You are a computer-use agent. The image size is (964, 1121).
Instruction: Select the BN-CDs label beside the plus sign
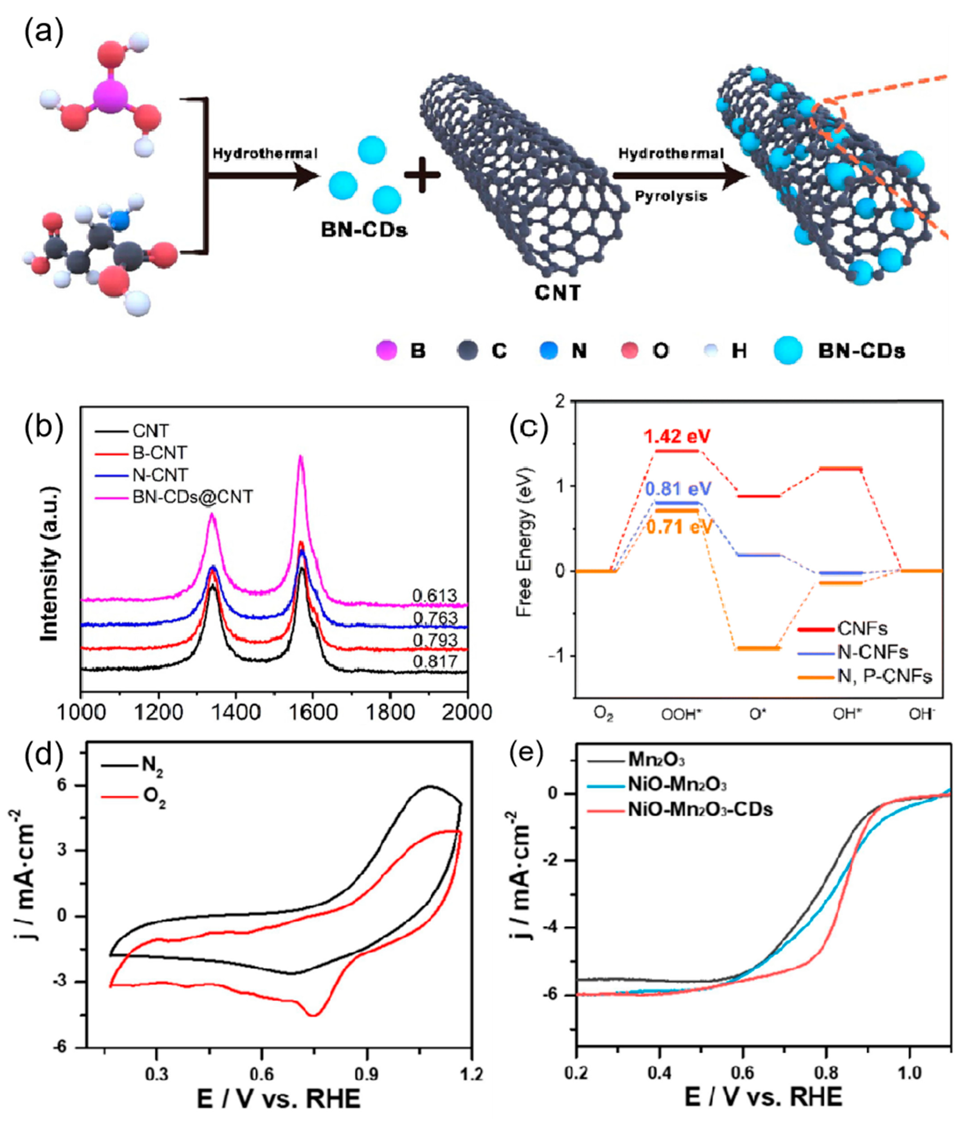364,230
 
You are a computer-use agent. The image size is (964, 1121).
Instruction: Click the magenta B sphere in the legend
387,351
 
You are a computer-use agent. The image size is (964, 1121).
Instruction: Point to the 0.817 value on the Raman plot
435,661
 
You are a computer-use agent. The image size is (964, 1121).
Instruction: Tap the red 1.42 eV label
677,436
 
